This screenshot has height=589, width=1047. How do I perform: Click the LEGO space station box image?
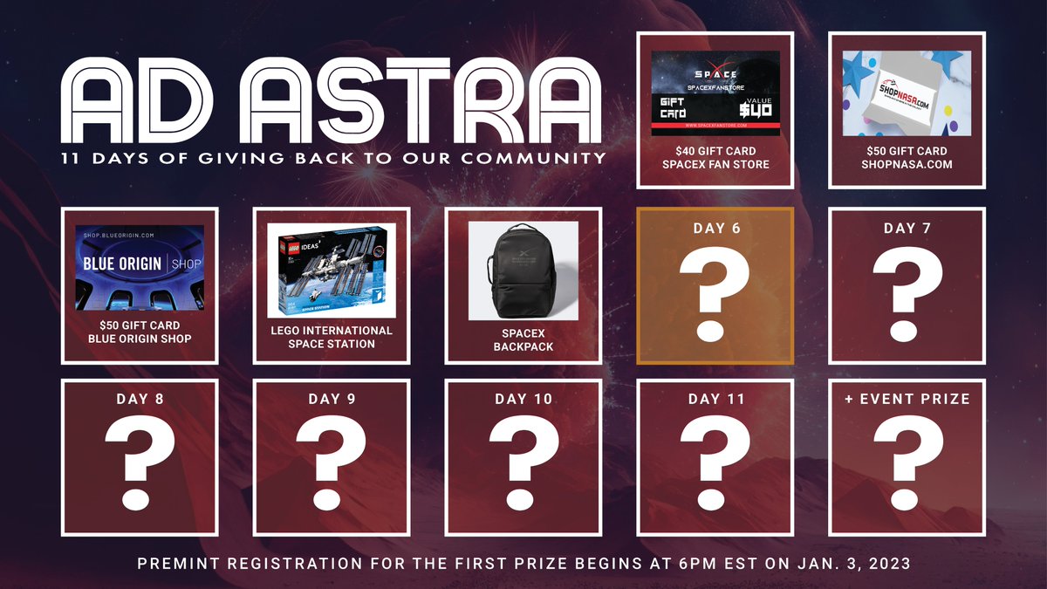pyautogui.click(x=332, y=270)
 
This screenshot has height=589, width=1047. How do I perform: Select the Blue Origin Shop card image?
pyautogui.click(x=140, y=268)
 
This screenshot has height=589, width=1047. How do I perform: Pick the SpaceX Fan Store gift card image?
pyautogui.click(x=715, y=92)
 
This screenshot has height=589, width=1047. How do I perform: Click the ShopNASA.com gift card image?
pyautogui.click(x=907, y=92)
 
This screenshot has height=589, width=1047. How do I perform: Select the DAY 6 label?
pyautogui.click(x=715, y=228)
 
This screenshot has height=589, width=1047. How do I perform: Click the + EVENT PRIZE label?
pyautogui.click(x=907, y=399)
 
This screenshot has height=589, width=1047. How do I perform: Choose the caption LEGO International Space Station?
pyautogui.click(x=332, y=337)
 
